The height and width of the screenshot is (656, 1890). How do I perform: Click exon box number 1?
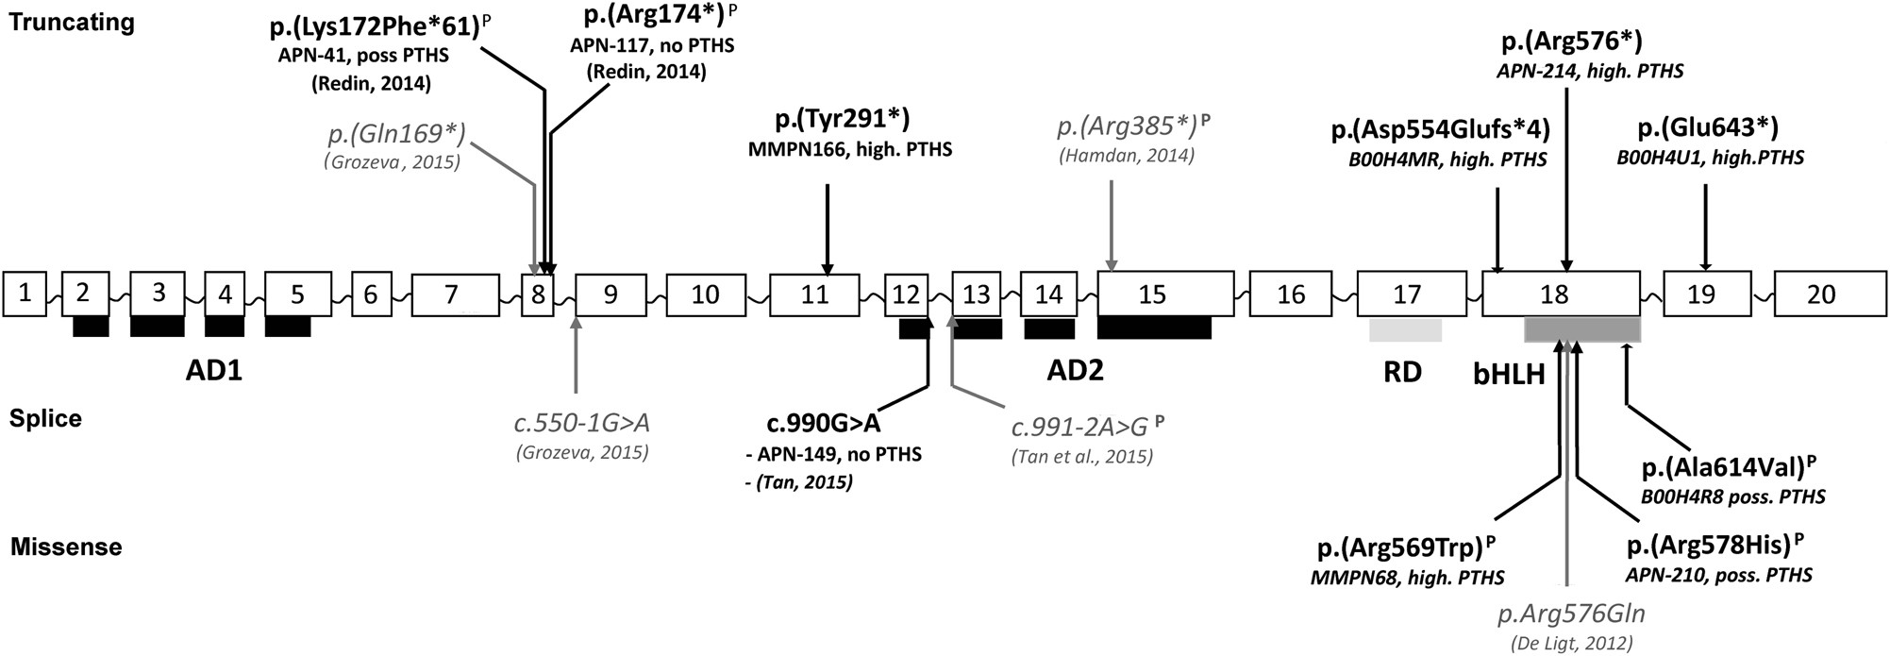pos(25,294)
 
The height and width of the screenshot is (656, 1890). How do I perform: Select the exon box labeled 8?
pos(538,294)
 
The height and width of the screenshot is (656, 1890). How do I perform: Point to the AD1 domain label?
pos(214,371)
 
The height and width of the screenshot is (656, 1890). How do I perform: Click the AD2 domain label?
pos(1075,370)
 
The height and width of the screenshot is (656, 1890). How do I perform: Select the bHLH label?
pos(1509,375)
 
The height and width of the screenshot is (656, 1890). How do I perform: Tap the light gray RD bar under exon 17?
pos(1405,330)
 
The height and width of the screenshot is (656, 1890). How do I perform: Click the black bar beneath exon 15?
pos(1154,328)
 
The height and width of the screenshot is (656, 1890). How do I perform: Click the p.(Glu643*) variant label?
pos(1707,128)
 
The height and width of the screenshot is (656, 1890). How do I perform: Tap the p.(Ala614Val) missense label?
pos(1729,468)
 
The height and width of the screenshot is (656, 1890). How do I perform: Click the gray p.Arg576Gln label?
pos(1571,614)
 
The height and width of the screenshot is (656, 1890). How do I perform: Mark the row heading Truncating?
pos(72,23)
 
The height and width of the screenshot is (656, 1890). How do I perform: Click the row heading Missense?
pos(66,547)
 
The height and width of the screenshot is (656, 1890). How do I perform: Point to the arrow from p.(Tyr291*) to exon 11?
pos(828,227)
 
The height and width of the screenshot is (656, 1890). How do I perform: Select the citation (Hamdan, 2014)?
pos(1126,156)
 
